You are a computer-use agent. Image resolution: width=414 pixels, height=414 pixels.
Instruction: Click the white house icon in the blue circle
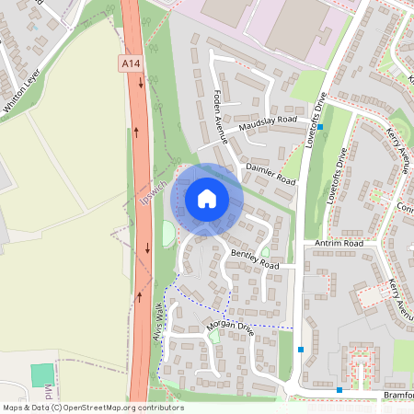[x=207, y=198]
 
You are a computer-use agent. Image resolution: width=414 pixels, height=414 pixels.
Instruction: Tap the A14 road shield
[x=131, y=63]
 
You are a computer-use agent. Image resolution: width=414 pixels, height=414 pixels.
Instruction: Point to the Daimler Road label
[x=270, y=172]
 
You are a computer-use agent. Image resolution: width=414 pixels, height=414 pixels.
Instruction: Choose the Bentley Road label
[x=254, y=259]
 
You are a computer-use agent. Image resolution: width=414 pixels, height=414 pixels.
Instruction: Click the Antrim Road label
[x=339, y=243]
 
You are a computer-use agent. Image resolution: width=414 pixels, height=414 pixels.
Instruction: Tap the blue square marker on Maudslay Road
[x=322, y=127]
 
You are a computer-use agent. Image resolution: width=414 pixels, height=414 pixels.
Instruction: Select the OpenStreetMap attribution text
[x=92, y=408]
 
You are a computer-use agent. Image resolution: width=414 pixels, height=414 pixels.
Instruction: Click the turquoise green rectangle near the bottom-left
[x=42, y=375]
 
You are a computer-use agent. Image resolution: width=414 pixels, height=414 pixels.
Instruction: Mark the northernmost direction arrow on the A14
[x=141, y=82]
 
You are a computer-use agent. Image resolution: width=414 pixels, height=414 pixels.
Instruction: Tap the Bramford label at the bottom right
[x=396, y=394]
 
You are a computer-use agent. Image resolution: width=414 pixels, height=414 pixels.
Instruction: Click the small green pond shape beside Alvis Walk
[x=168, y=234]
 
